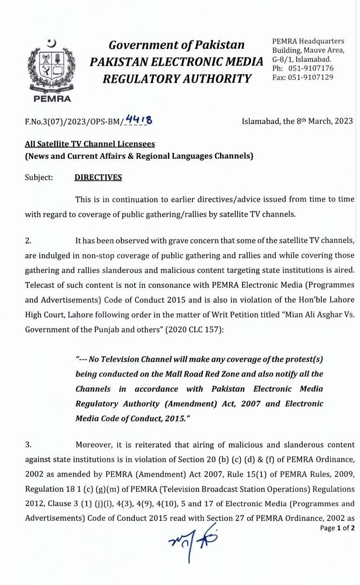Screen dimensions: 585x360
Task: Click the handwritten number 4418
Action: pyautogui.click(x=138, y=119)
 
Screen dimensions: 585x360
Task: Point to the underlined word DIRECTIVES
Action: pyautogui.click(x=98, y=177)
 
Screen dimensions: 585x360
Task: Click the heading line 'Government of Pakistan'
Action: pyautogui.click(x=177, y=45)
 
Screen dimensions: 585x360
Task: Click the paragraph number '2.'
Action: pyautogui.click(x=28, y=240)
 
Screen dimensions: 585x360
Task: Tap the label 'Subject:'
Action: pyautogui.click(x=39, y=177)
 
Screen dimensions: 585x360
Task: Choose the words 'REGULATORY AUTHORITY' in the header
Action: pyautogui.click(x=177, y=78)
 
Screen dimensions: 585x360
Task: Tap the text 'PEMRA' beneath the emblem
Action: pyautogui.click(x=52, y=98)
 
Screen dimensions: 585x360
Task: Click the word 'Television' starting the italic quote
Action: pyautogui.click(x=118, y=359)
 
